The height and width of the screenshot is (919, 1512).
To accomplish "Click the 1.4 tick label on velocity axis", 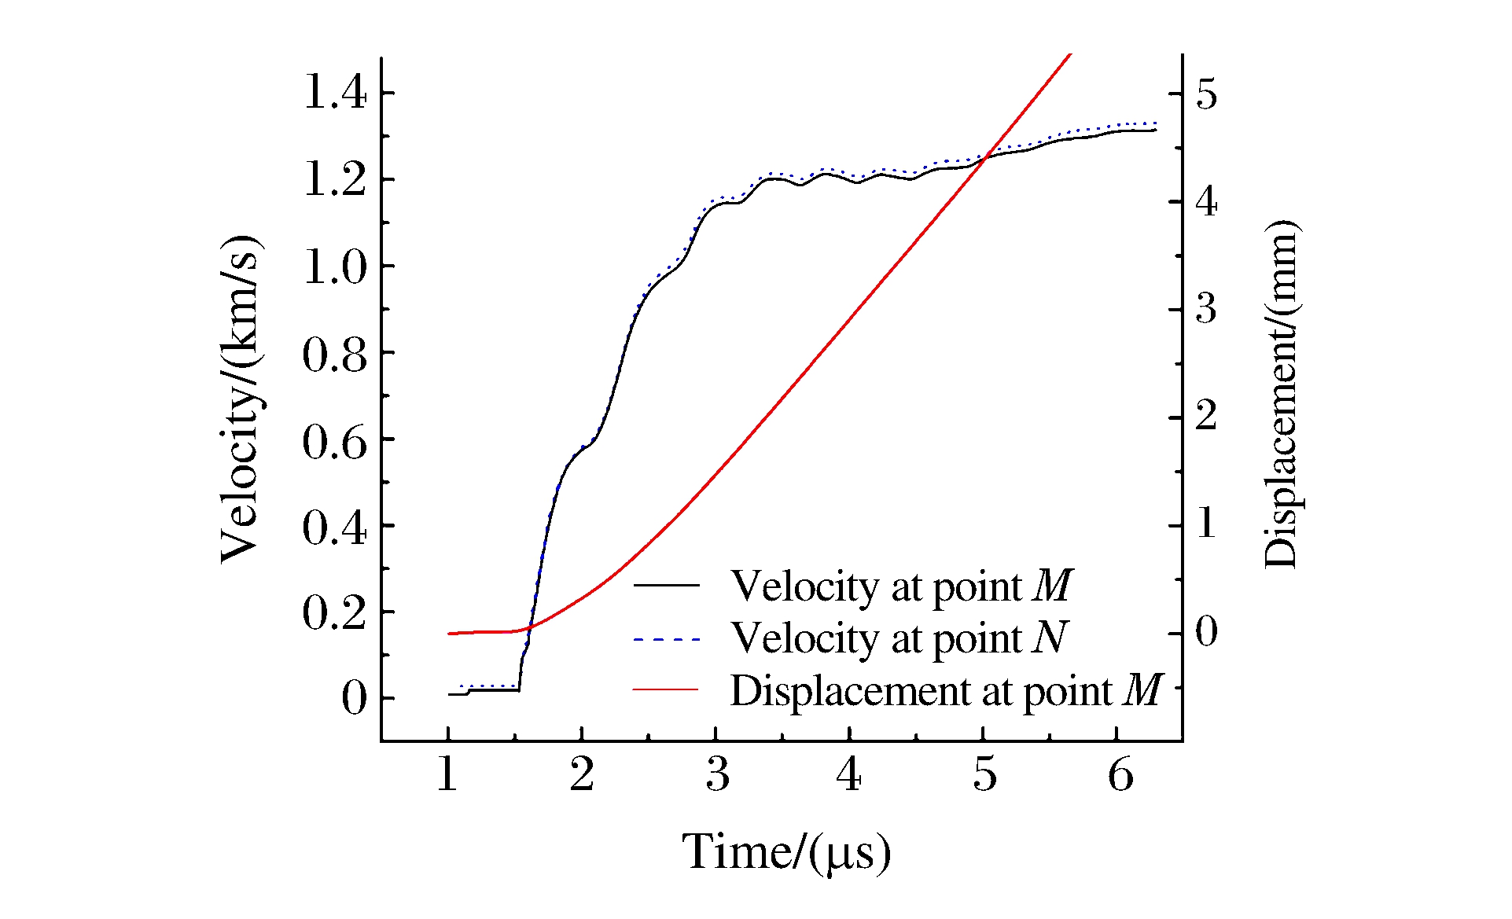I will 334,94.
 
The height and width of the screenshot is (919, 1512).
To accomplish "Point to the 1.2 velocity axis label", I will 334,180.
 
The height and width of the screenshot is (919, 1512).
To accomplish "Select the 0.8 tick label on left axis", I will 334,356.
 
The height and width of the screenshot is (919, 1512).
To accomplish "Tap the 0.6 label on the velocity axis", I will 334,443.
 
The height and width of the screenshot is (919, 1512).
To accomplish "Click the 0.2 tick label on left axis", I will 334,614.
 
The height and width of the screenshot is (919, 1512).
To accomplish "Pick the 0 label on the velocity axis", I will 355,699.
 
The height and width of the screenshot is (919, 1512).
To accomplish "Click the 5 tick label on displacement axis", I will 1206,94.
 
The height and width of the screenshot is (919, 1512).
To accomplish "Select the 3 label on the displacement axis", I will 1206,309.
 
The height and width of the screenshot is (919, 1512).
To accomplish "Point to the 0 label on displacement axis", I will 1206,632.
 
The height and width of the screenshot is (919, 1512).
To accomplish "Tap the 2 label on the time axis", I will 582,776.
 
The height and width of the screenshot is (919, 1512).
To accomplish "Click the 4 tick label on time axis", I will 849,776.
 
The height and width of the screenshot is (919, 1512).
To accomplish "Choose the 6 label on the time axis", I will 1120,776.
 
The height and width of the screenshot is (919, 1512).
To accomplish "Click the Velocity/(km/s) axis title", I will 240,399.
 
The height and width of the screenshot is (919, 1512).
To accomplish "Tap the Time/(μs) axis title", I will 786,852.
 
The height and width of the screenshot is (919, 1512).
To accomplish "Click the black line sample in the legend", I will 666,585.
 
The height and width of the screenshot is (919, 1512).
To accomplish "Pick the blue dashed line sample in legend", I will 666,640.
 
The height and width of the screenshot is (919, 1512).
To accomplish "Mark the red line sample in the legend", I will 666,690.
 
